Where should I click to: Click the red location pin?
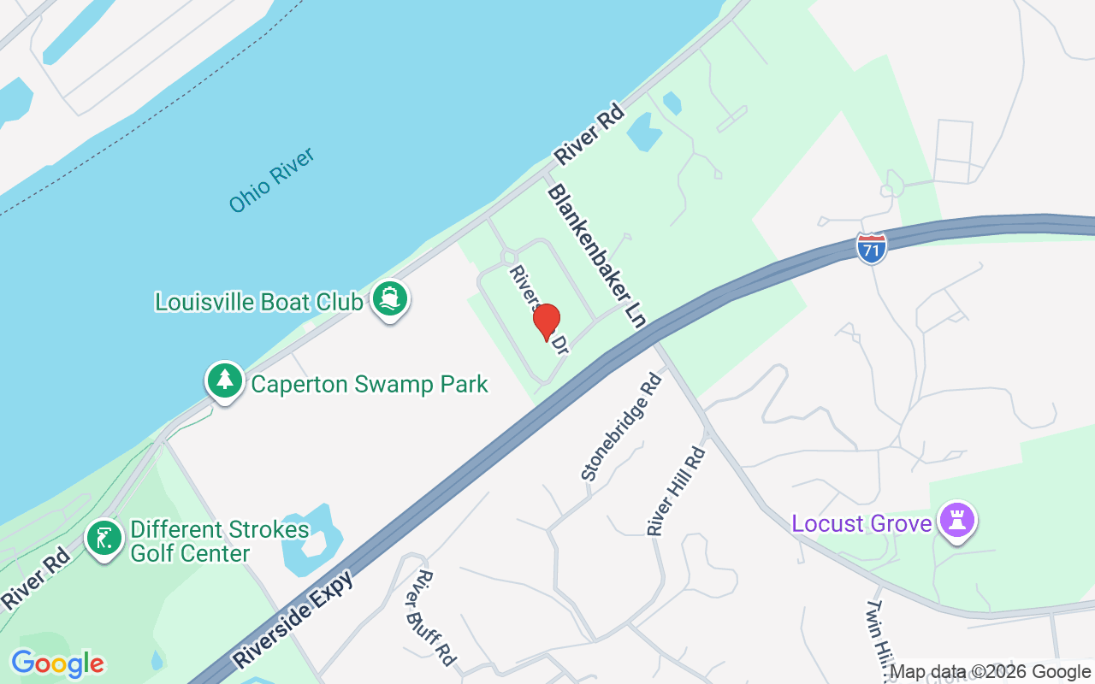[x=546, y=321]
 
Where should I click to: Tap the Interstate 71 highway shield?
[x=871, y=247]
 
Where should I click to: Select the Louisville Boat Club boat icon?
[x=390, y=300]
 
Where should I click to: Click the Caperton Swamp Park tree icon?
[x=225, y=381]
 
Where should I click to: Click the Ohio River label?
[x=272, y=180]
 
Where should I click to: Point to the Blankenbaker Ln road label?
[x=597, y=256]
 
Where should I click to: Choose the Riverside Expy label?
[x=294, y=618]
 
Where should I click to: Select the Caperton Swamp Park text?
[x=369, y=384]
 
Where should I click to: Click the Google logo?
[x=57, y=663]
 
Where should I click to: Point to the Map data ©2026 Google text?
[x=990, y=672]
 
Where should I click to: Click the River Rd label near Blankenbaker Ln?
[x=590, y=136]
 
